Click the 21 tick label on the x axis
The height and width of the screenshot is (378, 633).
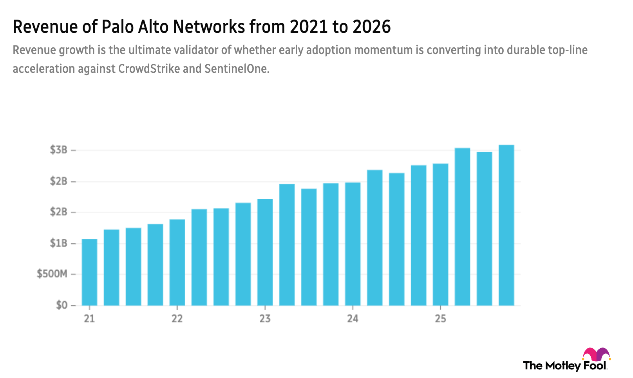pyautogui.click(x=89, y=319)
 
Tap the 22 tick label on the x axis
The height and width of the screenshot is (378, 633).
pyautogui.click(x=177, y=319)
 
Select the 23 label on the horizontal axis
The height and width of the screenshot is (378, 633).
pyautogui.click(x=265, y=319)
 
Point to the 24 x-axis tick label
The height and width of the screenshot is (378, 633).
pyautogui.click(x=353, y=319)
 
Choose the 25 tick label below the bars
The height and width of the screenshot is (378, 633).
pyautogui.click(x=440, y=319)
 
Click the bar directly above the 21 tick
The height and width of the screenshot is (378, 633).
pyautogui.click(x=89, y=272)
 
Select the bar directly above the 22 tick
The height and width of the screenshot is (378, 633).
pyautogui.click(x=177, y=262)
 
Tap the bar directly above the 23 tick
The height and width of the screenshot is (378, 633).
pyautogui.click(x=265, y=252)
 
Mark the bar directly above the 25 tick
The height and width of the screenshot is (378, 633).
pyautogui.click(x=440, y=234)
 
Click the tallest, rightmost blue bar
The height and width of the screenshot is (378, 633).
pyautogui.click(x=506, y=225)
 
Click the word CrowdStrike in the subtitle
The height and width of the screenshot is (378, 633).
pyautogui.click(x=149, y=69)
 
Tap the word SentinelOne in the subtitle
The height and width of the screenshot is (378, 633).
pyautogui.click(x=237, y=69)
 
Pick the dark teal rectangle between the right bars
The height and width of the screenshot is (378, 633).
pyautogui.click(x=496, y=166)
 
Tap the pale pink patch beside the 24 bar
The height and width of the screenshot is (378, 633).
pyautogui.click(x=364, y=197)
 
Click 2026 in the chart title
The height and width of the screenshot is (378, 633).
pyautogui.click(x=371, y=27)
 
